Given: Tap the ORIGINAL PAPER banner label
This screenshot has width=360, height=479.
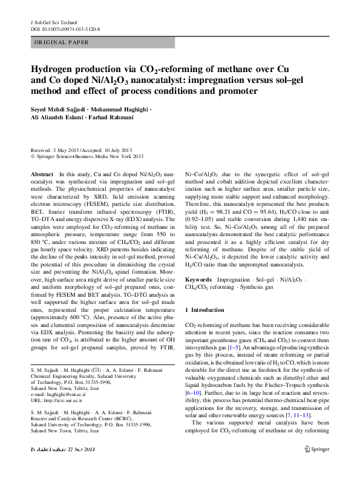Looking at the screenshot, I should [62, 42].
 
